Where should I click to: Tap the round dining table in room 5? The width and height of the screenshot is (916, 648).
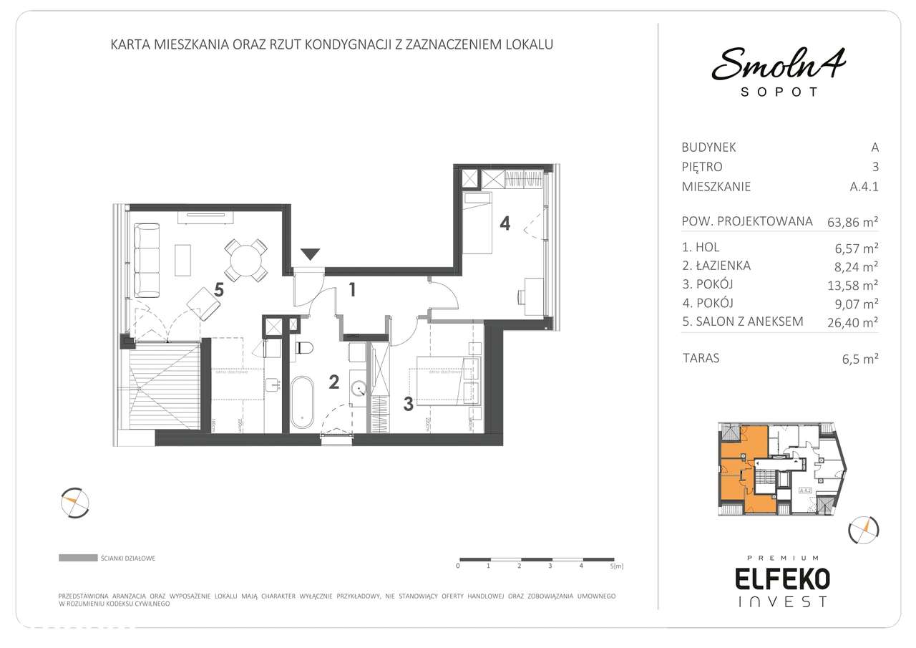coord(246,260)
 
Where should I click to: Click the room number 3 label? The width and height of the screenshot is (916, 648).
coord(408,405)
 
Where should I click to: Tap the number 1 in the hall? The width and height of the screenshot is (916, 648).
coord(352,290)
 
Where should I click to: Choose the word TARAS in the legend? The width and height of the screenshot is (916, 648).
coord(702,358)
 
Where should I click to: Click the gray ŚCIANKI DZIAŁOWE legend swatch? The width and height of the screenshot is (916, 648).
coord(78,557)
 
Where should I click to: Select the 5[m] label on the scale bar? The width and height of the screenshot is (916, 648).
coord(616,566)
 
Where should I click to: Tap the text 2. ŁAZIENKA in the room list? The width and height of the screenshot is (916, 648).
coord(716,266)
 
